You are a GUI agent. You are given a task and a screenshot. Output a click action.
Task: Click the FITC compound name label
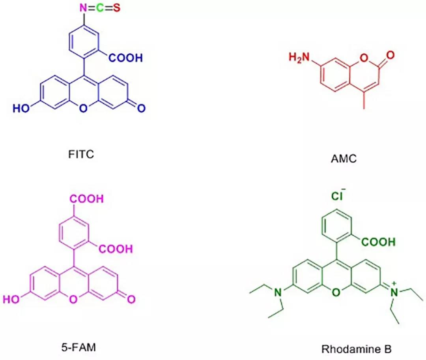coord(81,154)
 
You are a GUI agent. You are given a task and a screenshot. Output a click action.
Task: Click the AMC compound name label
coord(344,159)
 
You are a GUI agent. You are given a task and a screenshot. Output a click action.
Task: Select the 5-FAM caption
coord(79,347)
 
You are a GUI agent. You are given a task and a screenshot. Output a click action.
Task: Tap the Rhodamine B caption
coord(357,349)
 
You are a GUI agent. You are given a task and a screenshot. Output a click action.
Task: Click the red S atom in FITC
coord(116,8)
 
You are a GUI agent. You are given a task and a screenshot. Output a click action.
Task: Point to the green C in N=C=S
coord(100,8)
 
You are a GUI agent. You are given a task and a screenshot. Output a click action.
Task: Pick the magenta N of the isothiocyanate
coord(83,8)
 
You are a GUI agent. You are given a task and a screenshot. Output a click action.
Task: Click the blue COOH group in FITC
coord(126,58)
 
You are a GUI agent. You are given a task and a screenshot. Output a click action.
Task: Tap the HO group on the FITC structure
coord(21,109)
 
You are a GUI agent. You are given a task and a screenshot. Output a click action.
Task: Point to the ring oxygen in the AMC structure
coord(364,58)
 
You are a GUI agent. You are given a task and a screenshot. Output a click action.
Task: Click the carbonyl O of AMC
coord(390,55)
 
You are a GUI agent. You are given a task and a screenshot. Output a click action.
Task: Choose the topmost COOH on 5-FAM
coord(87,199)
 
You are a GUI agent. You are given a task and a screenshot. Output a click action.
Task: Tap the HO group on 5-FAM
coord(11,299)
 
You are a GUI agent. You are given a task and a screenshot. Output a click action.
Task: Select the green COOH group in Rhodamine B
coord(378,242)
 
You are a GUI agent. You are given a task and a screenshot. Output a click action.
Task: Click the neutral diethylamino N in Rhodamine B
coord(277,292)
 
